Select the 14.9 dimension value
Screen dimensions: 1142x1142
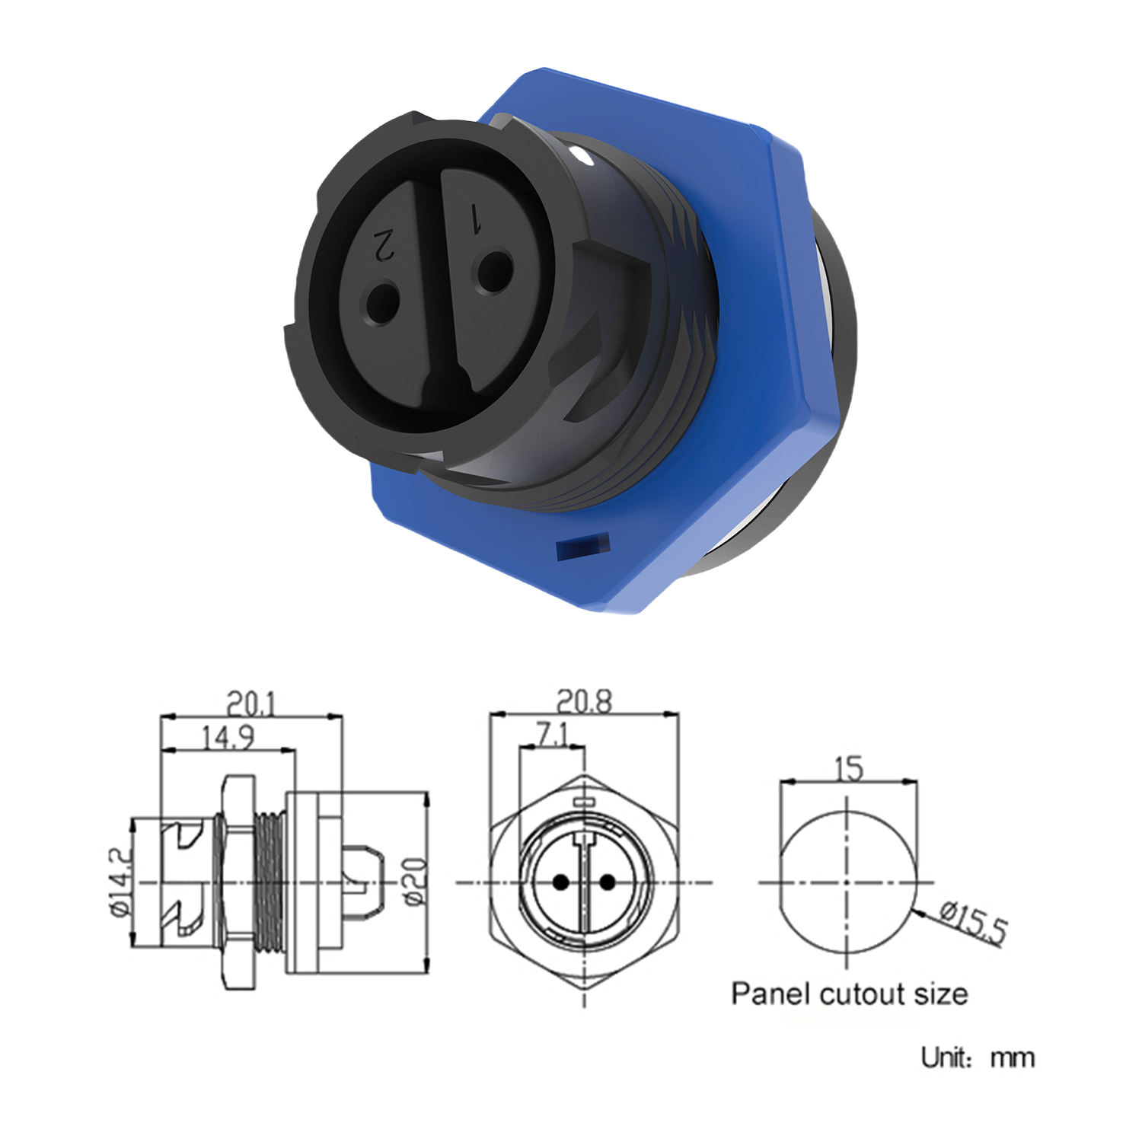pyautogui.click(x=228, y=738)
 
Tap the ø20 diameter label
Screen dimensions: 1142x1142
pyautogui.click(x=414, y=882)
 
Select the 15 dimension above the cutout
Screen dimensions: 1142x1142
pyautogui.click(x=849, y=769)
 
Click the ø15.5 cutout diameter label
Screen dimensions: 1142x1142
pyautogui.click(x=974, y=922)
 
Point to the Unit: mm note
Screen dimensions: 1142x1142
pyautogui.click(x=978, y=1057)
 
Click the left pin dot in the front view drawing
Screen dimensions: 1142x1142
pyautogui.click(x=561, y=883)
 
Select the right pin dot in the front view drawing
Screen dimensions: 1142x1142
pyautogui.click(x=607, y=883)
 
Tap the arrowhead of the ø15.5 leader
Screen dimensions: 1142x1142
pyautogui.click(x=920, y=907)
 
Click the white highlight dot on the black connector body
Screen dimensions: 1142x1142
pyautogui.click(x=582, y=158)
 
